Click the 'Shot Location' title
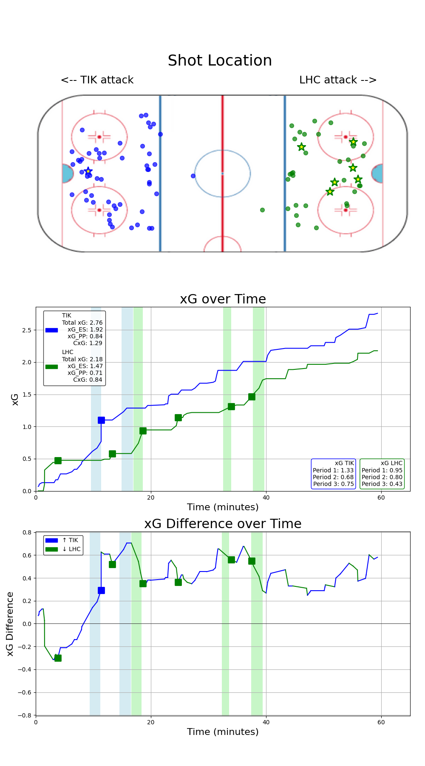click(x=220, y=61)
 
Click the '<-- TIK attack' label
click(x=97, y=80)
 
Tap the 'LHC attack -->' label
click(x=338, y=80)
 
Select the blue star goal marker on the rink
click(x=88, y=171)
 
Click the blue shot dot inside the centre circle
click(x=193, y=176)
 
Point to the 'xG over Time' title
click(x=223, y=299)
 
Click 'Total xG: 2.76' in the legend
click(x=82, y=323)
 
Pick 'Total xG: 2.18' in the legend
click(x=82, y=359)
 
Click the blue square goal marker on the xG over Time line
click(x=101, y=420)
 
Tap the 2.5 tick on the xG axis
click(x=26, y=330)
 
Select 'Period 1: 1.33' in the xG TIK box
click(x=333, y=470)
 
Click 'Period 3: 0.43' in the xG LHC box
click(x=382, y=484)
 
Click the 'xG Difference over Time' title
click(x=223, y=524)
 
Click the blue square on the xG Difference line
click(x=101, y=590)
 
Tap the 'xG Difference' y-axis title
click(x=10, y=623)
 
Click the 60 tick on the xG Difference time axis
click(x=381, y=722)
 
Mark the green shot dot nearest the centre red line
click(x=262, y=210)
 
